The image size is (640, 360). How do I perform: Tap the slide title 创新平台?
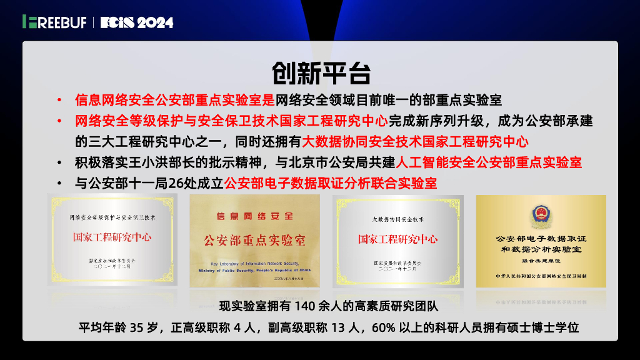coord(321,73)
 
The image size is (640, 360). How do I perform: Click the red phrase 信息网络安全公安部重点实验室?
coord(174,99)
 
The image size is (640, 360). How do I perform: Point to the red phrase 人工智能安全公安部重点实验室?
coord(489,162)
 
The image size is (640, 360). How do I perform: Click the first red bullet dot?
coord(59,100)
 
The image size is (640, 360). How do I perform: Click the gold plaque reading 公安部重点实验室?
coord(255,241)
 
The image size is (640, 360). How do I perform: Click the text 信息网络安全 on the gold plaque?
coord(254,216)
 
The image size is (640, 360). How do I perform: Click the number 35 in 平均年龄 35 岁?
coord(137,327)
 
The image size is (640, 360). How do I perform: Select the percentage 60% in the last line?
coord(384,327)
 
